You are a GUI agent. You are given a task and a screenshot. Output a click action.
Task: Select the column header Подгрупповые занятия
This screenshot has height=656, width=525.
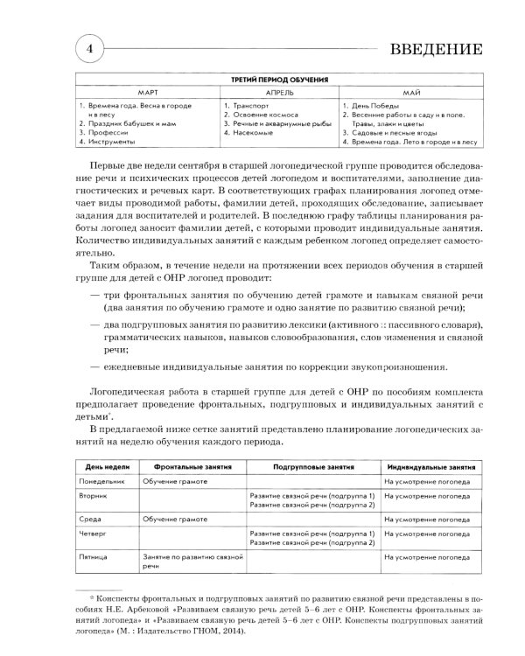[306, 469]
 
